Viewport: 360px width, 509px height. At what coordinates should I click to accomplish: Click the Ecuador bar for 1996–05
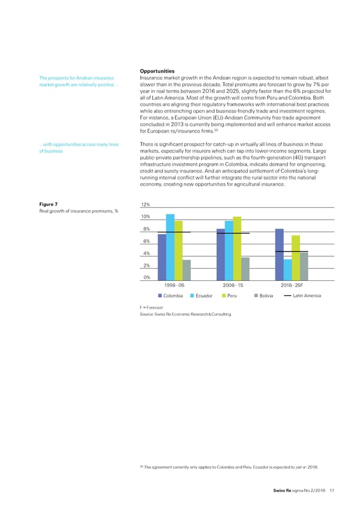[x=170, y=247]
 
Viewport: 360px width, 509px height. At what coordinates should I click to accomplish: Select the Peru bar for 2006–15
[x=237, y=248]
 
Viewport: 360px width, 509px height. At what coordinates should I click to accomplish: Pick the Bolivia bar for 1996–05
[x=187, y=270]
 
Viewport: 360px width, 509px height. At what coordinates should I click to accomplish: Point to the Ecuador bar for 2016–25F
[x=287, y=270]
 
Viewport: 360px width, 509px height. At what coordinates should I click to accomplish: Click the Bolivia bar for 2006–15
[x=245, y=268]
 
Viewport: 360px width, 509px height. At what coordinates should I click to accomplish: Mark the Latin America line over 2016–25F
[x=292, y=251]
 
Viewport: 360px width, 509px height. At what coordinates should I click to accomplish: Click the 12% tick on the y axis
[x=146, y=204]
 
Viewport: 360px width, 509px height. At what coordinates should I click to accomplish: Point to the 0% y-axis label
[x=146, y=277]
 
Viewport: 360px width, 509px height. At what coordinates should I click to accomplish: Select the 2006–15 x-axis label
[x=233, y=286]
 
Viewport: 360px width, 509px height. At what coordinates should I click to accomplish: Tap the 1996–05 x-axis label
[x=175, y=286]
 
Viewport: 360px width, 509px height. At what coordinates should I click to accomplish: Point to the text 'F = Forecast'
[x=151, y=307]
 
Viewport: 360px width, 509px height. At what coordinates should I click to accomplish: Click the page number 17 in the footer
[x=332, y=491]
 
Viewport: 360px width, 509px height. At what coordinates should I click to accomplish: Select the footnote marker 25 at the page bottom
[x=141, y=466]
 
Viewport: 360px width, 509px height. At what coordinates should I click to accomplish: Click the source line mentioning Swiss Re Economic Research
[x=184, y=314]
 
